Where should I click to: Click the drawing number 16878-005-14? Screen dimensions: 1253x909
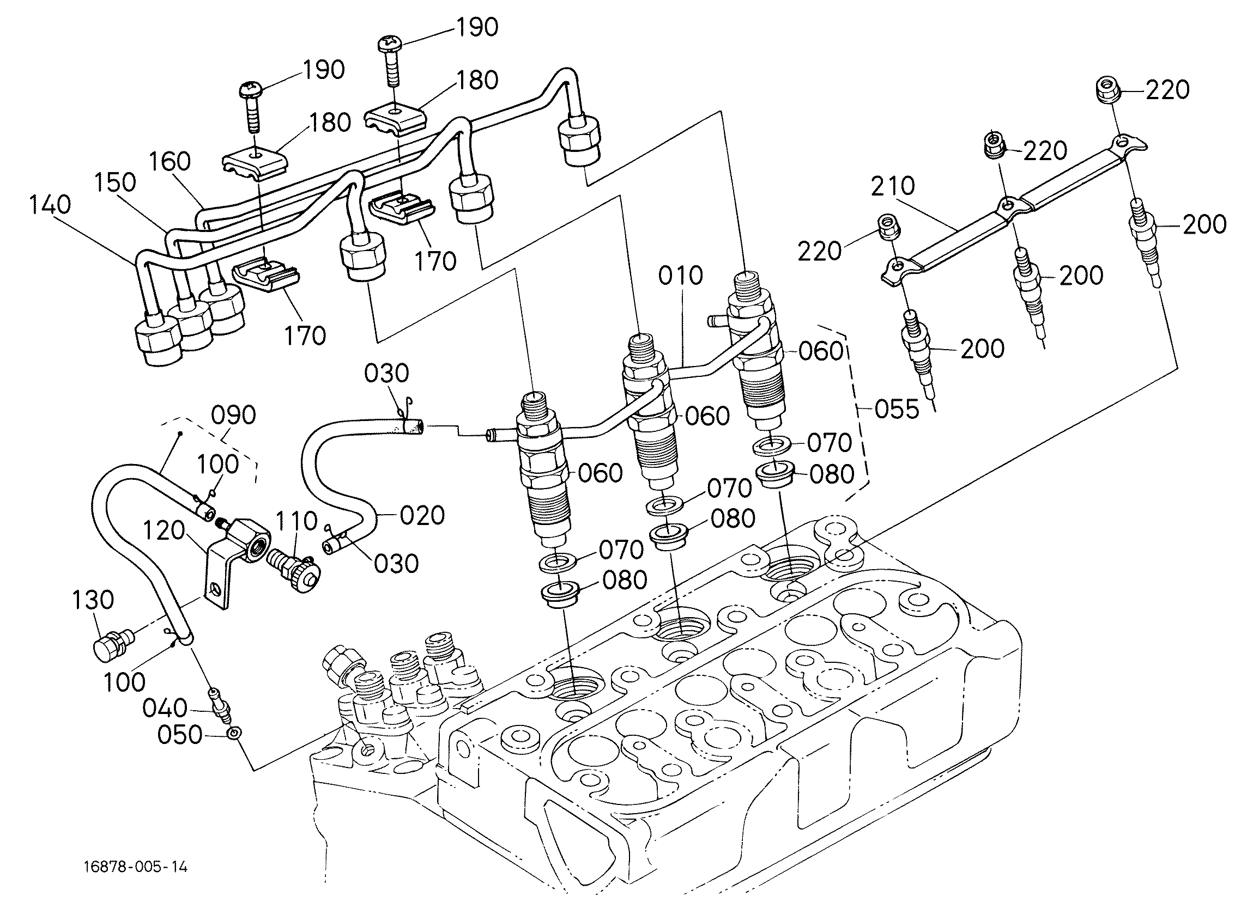136,867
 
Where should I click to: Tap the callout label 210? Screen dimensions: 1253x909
893,187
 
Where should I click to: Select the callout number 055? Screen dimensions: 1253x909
897,410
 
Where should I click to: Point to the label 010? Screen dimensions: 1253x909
681,276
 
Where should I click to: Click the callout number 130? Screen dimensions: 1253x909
93,600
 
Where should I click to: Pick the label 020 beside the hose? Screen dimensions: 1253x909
422,515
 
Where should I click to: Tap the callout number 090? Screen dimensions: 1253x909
234,416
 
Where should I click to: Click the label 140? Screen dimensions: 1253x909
50,204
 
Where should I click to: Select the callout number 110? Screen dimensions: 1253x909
296,521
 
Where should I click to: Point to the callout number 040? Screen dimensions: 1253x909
165,708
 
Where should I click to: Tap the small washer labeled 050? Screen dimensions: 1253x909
234,734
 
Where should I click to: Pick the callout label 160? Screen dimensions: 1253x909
170,162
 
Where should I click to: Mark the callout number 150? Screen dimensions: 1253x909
115,182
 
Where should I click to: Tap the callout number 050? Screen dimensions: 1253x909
180,735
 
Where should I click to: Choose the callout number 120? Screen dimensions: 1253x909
164,530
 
